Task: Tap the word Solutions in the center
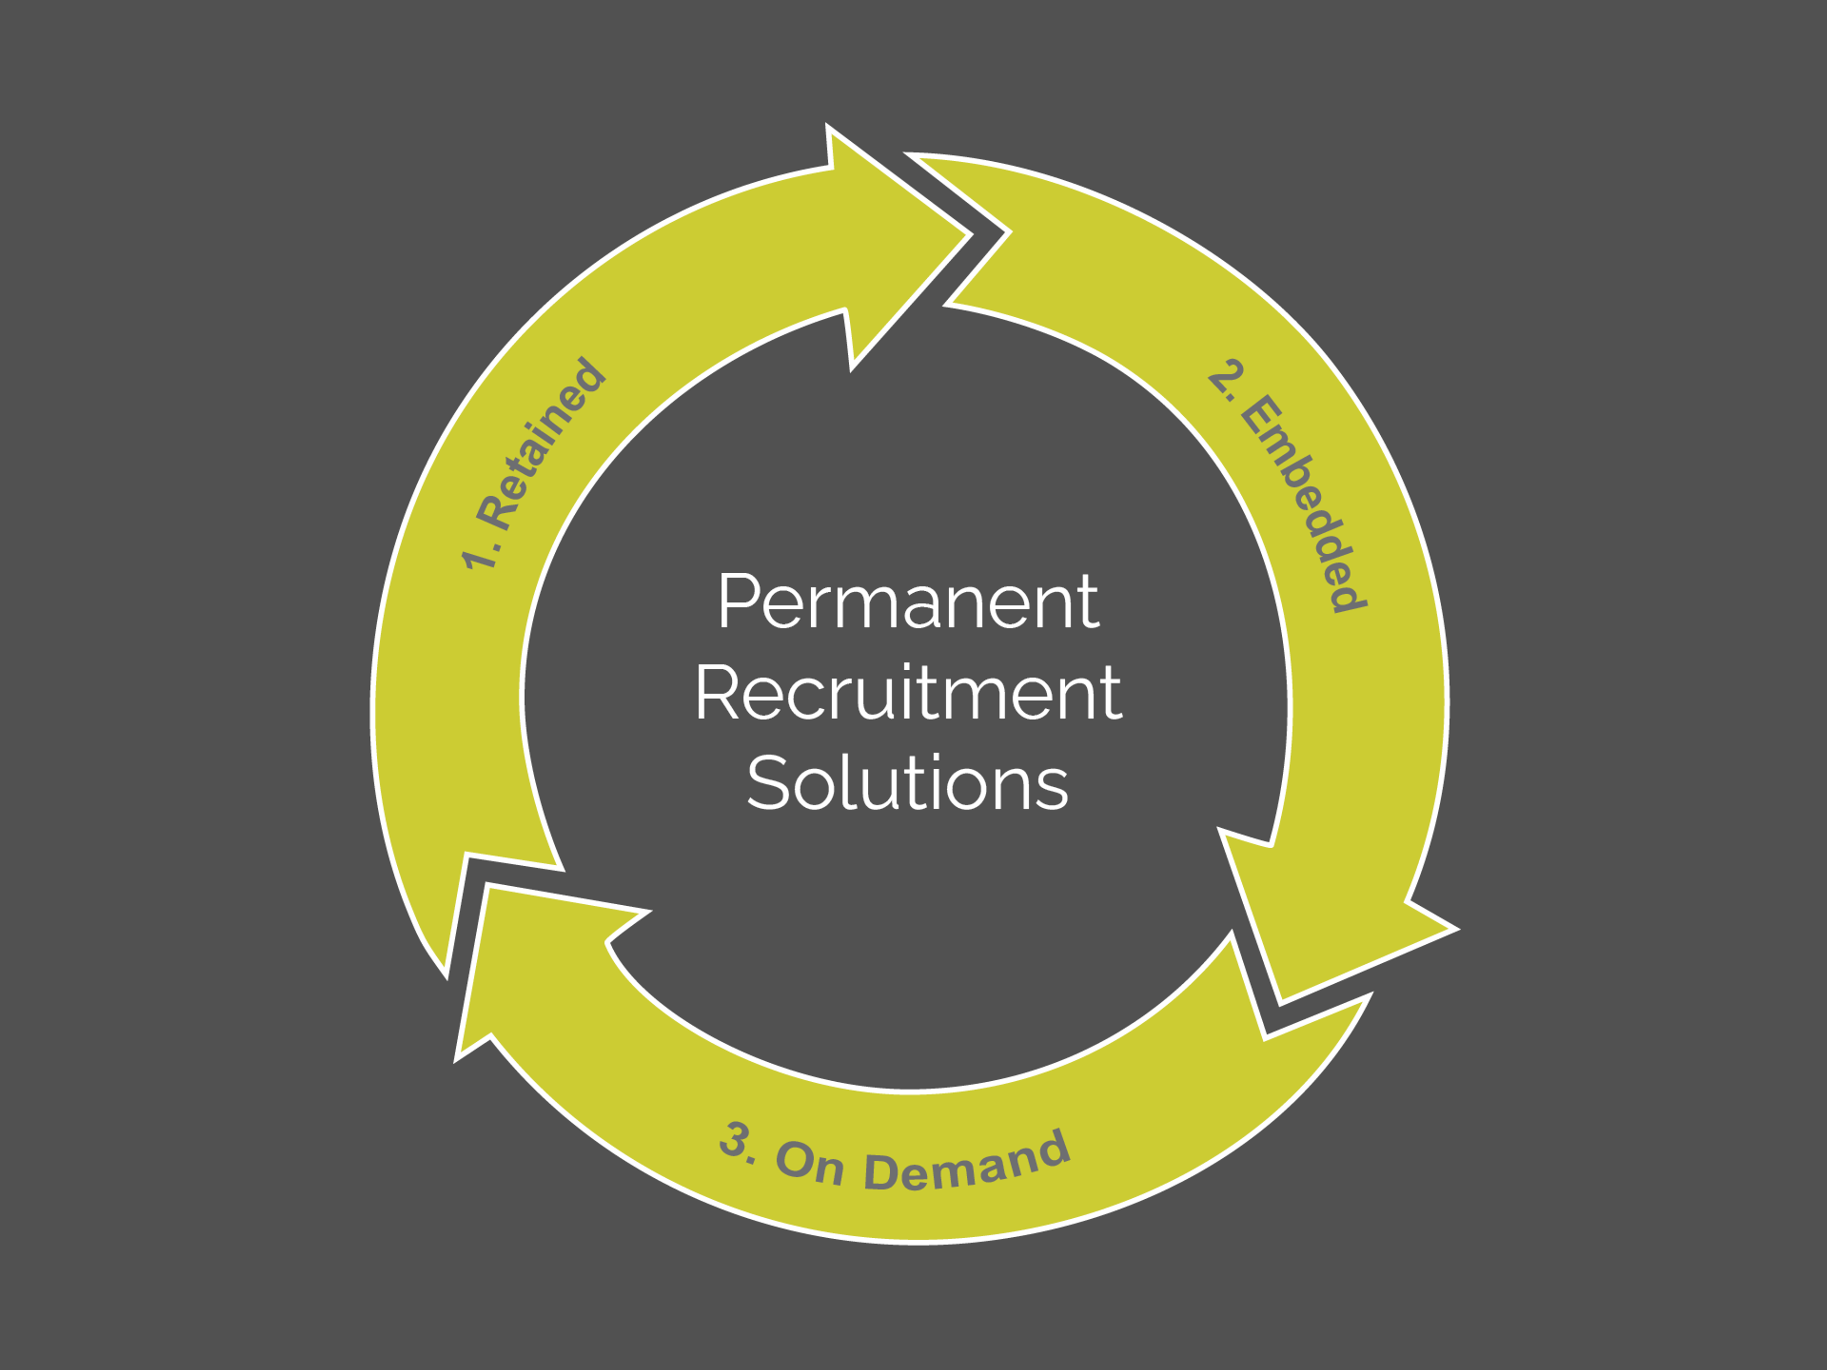(x=908, y=781)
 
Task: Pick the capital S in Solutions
(x=767, y=781)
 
